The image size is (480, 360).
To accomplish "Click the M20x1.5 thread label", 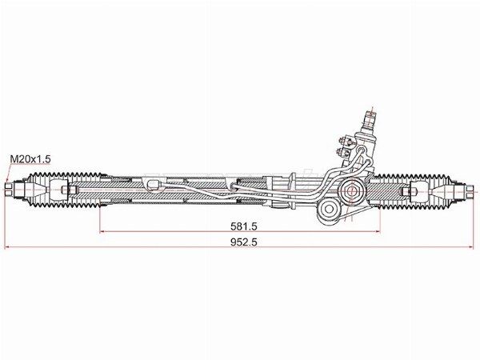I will coord(30,159).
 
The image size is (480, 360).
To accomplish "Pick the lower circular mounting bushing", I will coord(328,211).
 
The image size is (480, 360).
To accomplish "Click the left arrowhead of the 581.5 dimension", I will coord(102,232).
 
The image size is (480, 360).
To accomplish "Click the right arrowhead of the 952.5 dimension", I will coord(471,248).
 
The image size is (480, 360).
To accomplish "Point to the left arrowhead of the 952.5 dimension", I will coord(8,248).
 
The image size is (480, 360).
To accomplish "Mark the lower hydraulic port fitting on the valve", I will coord(345,150).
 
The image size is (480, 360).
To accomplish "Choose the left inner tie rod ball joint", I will coord(58,190).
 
